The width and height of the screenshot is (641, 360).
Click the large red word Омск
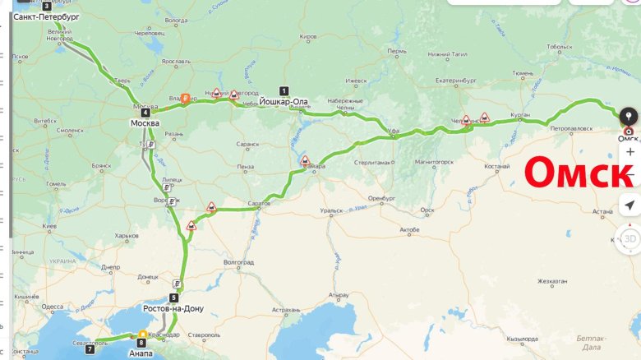point(579,173)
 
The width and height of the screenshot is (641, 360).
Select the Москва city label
point(145,123)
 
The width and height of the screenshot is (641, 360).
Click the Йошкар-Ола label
point(284,102)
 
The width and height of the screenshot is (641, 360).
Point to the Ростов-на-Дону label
point(173,309)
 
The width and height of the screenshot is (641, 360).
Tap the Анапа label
point(141,353)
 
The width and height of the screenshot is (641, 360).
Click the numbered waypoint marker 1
point(284,90)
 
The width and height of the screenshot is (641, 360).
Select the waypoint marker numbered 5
point(174,298)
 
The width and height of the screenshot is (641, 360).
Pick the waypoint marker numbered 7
point(90,349)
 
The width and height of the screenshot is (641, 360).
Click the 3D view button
point(629,238)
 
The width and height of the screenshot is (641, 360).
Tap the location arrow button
point(629,205)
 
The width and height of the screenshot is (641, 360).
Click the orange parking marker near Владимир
point(185,97)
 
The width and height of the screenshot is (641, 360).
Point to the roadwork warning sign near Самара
point(305,160)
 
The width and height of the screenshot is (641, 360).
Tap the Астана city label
point(602,211)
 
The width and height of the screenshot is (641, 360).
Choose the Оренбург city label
point(381,198)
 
